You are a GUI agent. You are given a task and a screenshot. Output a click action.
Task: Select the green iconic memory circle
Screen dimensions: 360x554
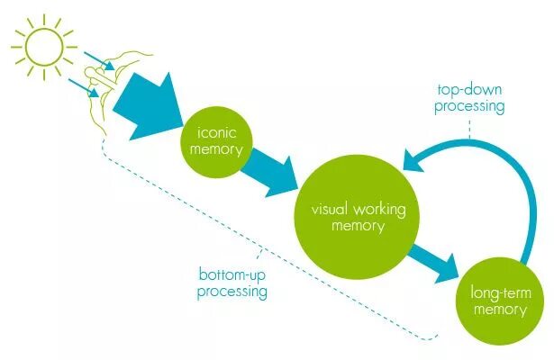(x=215, y=139)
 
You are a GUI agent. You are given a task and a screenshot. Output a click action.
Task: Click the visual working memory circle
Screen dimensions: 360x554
(x=358, y=217)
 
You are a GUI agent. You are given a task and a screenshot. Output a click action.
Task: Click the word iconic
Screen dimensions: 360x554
(x=215, y=131)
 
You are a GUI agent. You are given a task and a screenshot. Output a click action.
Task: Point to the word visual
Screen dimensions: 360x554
(x=331, y=209)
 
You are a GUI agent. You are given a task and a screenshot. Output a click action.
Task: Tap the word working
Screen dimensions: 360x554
(x=378, y=209)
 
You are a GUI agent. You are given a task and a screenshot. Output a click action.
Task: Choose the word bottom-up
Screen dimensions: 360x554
(x=232, y=274)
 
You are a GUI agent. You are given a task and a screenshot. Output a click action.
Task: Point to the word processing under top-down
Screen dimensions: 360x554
(x=469, y=106)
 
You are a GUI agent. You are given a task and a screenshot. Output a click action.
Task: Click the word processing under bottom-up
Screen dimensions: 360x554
(x=232, y=292)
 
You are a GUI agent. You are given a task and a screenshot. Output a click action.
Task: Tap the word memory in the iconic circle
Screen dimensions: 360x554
(x=215, y=148)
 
